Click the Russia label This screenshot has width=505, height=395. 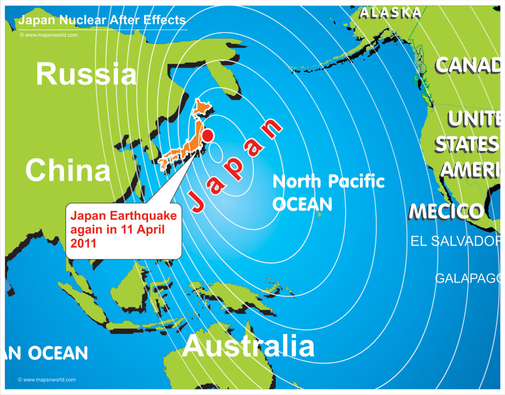(86, 75)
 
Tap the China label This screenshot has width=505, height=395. (68, 170)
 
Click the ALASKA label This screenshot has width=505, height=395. (390, 13)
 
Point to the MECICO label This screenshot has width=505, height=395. (446, 211)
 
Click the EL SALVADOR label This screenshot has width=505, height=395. (457, 241)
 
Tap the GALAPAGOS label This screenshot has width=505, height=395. (469, 278)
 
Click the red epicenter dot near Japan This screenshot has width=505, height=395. (208, 135)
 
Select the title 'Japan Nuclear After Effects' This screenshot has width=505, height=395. (102, 20)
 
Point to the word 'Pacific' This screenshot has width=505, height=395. (357, 181)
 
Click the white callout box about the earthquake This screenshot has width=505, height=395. (123, 230)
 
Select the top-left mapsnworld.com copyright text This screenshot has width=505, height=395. (48, 35)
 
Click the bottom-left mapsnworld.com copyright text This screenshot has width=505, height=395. (46, 380)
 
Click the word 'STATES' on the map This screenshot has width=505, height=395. (466, 144)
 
